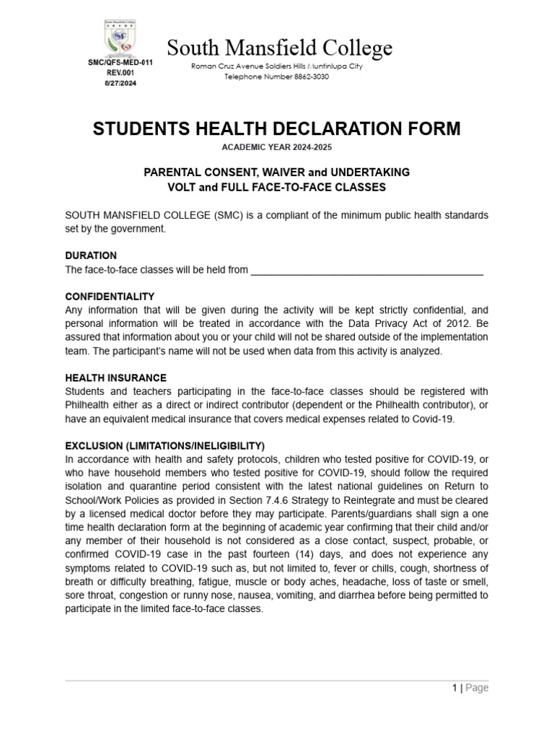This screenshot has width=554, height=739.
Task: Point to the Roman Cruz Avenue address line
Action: click(x=276, y=66)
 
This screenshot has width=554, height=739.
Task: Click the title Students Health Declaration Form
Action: click(x=276, y=129)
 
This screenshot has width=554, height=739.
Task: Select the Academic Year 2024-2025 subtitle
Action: click(x=276, y=147)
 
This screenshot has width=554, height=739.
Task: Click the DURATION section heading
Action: click(x=91, y=255)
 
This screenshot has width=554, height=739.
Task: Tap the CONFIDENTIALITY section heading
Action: click(x=110, y=297)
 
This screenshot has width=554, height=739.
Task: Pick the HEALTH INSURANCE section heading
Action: click(x=115, y=378)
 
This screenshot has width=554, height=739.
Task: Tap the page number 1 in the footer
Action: click(x=454, y=688)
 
